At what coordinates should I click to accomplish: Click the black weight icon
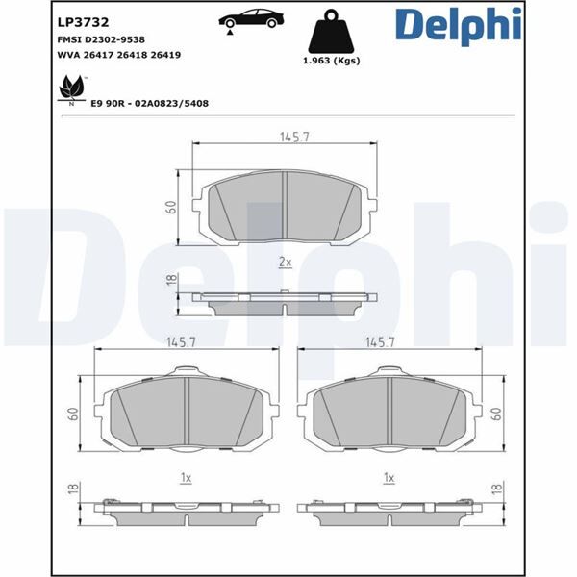tap(336, 34)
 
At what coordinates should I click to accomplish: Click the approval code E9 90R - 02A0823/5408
tap(149, 101)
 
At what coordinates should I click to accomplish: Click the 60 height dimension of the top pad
tap(171, 207)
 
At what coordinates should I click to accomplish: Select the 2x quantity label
tap(285, 261)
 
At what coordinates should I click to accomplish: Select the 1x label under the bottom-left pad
tap(186, 477)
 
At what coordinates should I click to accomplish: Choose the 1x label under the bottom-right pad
tap(389, 477)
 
